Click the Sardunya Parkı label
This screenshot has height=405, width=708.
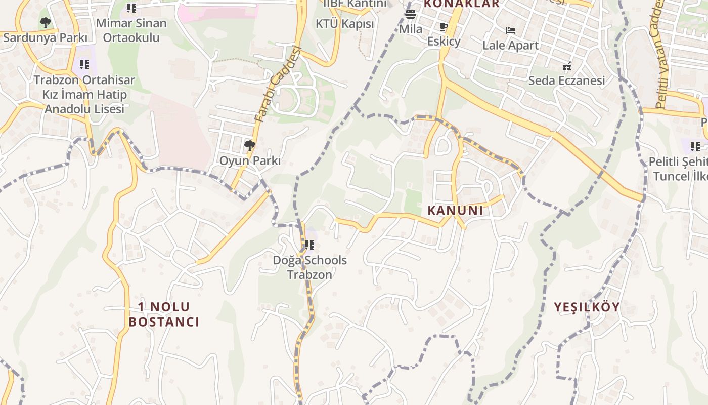45,37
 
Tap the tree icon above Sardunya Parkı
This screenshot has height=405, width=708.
45,23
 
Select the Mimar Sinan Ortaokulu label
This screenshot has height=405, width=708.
131,30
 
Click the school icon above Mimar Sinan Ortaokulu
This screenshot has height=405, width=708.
131,8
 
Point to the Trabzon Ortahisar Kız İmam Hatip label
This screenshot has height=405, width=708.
84,94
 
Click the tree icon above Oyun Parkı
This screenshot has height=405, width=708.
249,146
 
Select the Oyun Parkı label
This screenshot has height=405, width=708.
249,161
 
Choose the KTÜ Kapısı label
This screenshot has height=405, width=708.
344,24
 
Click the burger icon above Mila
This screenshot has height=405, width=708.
411,14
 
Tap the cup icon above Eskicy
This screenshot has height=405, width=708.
444,27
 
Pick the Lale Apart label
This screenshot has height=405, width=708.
510,45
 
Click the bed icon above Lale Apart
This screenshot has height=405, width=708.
511,30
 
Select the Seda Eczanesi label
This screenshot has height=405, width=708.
566,80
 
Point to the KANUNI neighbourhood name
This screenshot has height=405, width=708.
455,210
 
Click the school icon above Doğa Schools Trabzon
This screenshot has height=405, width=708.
309,246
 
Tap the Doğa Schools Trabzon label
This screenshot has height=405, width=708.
309,267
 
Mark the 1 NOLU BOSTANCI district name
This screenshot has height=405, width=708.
164,314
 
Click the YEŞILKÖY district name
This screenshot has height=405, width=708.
587,307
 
